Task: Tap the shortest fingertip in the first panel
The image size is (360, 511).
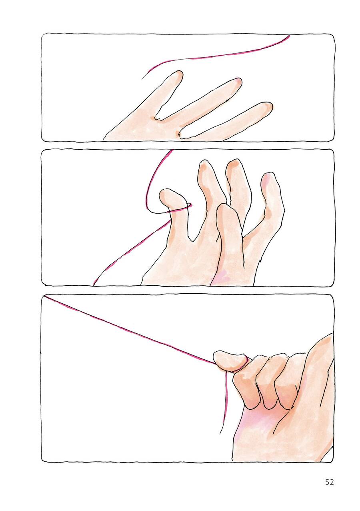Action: point(179,74)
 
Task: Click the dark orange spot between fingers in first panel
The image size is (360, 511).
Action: point(178,133)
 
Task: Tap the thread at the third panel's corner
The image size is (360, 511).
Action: point(45,297)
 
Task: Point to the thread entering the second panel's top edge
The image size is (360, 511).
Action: point(172,150)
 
